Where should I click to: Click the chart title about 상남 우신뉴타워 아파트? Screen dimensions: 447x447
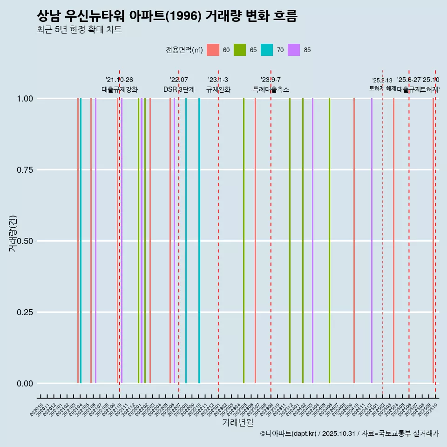click(x=167, y=16)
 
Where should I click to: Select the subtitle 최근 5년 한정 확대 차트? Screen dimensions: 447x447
click(x=79, y=30)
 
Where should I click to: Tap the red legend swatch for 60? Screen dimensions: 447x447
click(x=213, y=50)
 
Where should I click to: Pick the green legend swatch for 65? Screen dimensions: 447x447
click(x=240, y=50)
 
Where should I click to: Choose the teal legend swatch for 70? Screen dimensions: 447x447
click(x=267, y=50)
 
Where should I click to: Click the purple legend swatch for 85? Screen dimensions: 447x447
click(x=294, y=50)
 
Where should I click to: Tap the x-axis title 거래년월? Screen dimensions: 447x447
click(x=237, y=423)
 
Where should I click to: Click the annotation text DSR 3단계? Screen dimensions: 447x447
click(x=179, y=89)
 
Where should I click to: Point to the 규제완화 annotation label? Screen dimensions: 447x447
click(x=218, y=89)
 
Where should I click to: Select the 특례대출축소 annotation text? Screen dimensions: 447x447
click(x=271, y=89)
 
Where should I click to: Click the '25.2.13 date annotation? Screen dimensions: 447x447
click(x=382, y=81)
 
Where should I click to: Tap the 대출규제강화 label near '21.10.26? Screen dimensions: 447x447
click(x=120, y=89)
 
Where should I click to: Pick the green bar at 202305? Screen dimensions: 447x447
click(x=244, y=241)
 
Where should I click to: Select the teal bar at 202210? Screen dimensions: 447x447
click(x=199, y=241)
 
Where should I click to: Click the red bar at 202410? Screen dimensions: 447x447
click(x=354, y=241)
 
